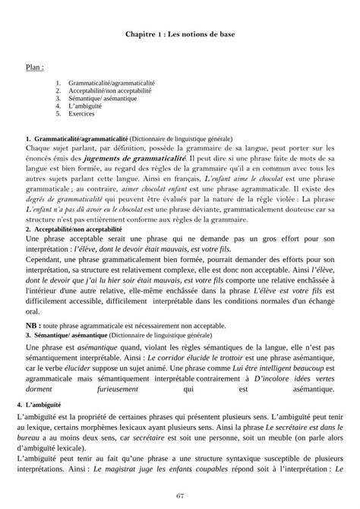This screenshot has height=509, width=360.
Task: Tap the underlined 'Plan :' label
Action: click(34, 67)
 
